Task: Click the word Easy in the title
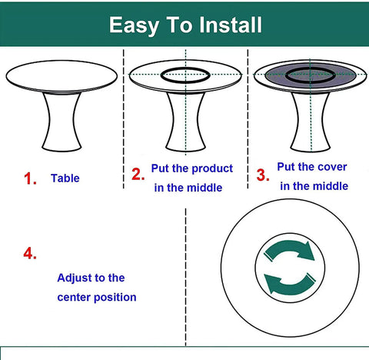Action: (x=134, y=25)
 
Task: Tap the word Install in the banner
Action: (x=231, y=25)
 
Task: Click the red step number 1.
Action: (x=30, y=178)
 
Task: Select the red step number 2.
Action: (x=138, y=175)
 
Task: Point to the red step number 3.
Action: (x=263, y=175)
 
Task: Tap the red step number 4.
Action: (x=30, y=254)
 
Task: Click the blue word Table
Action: (x=65, y=178)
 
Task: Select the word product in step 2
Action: (x=212, y=169)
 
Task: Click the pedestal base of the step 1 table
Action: (x=61, y=122)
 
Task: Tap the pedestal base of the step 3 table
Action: (x=311, y=122)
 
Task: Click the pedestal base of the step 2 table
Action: (x=185, y=122)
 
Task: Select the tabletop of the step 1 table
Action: (x=61, y=76)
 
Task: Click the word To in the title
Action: (x=179, y=25)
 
